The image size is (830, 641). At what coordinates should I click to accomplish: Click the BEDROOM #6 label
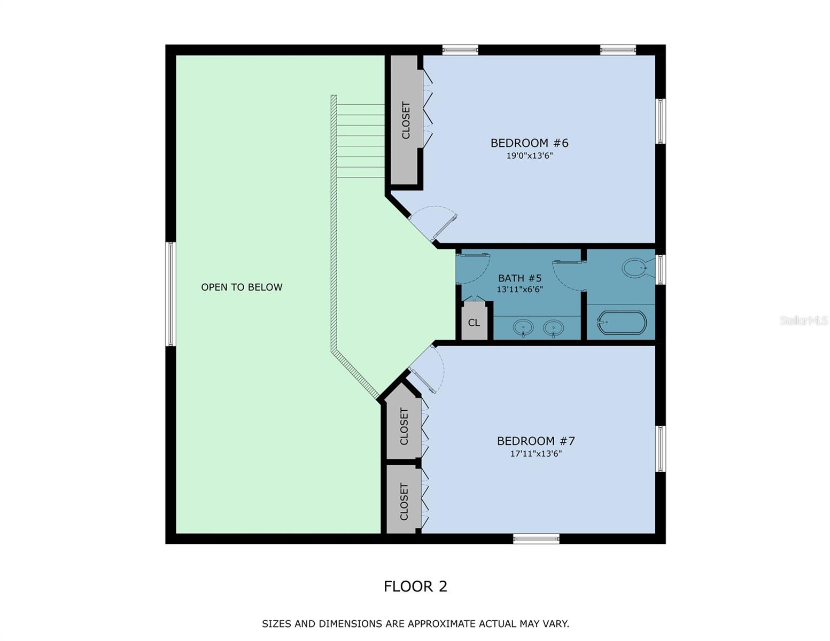529,143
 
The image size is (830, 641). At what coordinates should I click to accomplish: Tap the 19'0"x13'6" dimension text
529,156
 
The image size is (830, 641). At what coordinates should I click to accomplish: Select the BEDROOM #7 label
536,441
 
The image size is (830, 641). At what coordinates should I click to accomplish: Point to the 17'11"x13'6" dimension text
536,454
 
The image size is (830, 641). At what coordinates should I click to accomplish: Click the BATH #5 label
519,278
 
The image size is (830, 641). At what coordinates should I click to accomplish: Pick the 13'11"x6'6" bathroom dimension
519,290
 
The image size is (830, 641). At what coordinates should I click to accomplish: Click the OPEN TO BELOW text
242,287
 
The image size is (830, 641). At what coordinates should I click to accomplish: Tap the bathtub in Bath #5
621,323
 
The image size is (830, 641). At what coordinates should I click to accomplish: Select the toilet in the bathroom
636,267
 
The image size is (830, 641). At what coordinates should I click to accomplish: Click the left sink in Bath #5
523,327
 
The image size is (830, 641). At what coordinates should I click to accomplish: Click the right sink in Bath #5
553,327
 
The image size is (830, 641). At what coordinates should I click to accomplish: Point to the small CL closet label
474,323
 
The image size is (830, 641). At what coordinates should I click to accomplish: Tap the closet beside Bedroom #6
405,121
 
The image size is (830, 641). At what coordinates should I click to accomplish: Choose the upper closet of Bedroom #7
404,426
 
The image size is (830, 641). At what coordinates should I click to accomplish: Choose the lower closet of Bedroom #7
404,501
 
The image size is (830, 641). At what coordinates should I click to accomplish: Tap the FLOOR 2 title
415,587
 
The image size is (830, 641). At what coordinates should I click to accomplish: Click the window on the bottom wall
536,538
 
